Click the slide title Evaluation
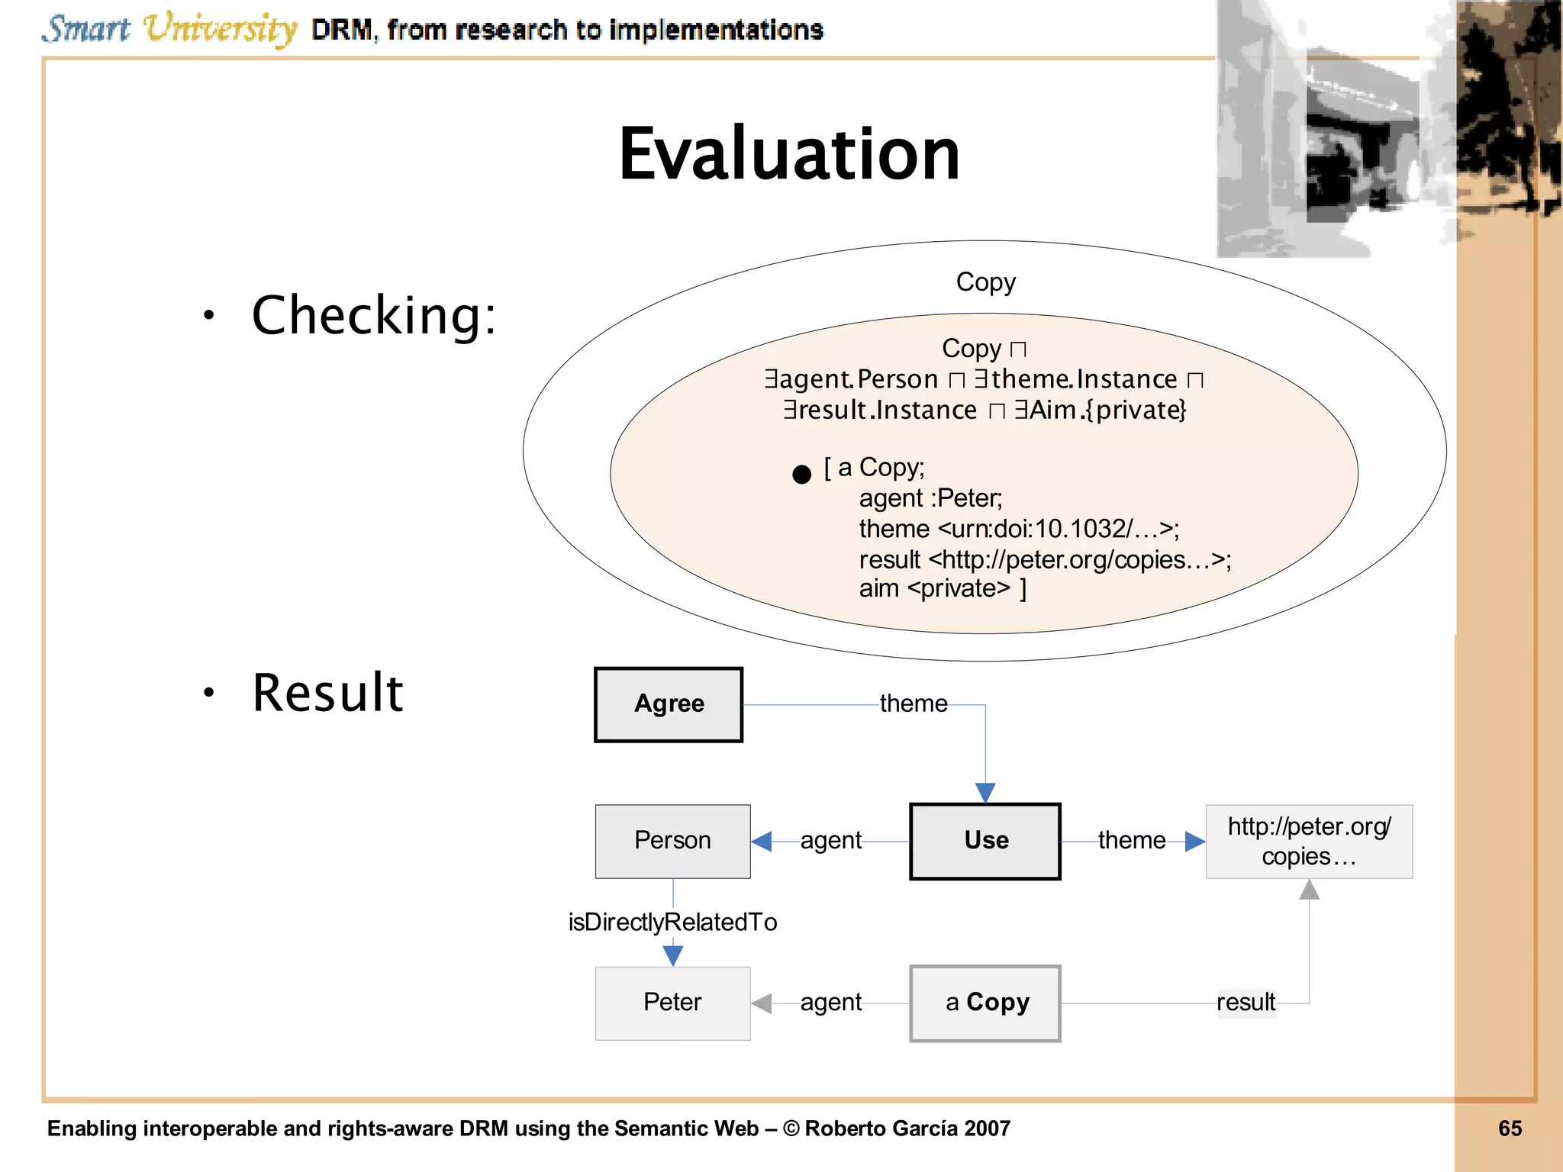click(x=788, y=155)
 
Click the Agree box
click(x=669, y=704)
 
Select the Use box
click(x=985, y=841)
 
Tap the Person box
click(x=672, y=841)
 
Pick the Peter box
click(x=672, y=1003)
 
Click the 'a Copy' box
click(x=985, y=1003)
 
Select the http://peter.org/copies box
click(x=1309, y=841)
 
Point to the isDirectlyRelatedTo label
click(x=672, y=922)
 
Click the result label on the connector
click(x=1246, y=1002)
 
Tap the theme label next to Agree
click(x=913, y=704)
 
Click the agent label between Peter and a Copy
click(x=830, y=1002)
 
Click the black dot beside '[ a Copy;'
click(x=801, y=475)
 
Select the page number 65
click(x=1510, y=1129)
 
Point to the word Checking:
click(x=374, y=315)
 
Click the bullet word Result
click(x=327, y=693)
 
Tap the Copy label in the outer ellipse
click(x=985, y=282)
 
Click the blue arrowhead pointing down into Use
click(x=985, y=793)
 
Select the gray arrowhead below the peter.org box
click(x=1309, y=890)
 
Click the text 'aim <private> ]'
click(x=942, y=588)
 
